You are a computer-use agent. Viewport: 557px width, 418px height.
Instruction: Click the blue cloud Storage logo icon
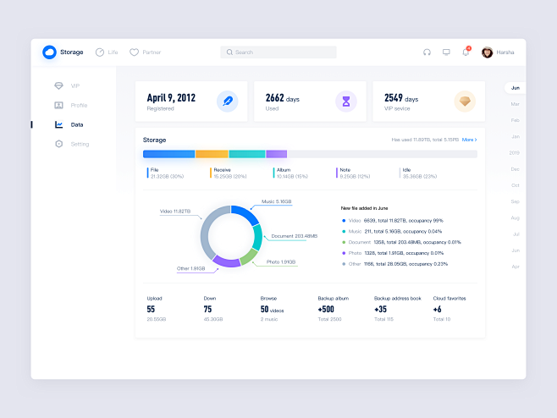[49, 52]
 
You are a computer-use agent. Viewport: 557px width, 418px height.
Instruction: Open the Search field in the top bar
[278, 52]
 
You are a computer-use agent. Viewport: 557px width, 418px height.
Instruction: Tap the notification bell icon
[465, 52]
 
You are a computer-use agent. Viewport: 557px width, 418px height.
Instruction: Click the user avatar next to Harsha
[487, 52]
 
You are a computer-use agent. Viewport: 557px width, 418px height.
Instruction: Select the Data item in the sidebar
[76, 124]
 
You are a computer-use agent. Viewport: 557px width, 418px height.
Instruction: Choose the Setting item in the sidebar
[79, 144]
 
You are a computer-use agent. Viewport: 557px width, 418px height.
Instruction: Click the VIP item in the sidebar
[74, 86]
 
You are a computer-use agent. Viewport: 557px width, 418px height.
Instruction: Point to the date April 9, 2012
[171, 98]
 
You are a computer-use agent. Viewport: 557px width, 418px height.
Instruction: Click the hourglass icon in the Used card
[345, 102]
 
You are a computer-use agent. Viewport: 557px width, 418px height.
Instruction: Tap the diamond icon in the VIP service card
[464, 102]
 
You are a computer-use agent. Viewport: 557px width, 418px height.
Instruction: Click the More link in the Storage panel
[468, 140]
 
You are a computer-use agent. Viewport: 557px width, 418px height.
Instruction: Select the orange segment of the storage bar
[212, 154]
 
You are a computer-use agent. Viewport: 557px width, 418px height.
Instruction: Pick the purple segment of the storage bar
[276, 154]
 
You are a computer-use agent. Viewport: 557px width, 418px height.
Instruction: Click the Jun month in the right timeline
[515, 88]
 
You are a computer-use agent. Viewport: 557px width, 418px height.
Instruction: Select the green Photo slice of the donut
[249, 255]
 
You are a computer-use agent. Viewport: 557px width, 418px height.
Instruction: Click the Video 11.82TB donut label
[175, 211]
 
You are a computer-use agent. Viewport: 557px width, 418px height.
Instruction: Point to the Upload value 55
[151, 310]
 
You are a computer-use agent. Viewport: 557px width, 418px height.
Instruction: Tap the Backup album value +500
[326, 310]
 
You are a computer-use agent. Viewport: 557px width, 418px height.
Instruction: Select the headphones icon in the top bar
[427, 52]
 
